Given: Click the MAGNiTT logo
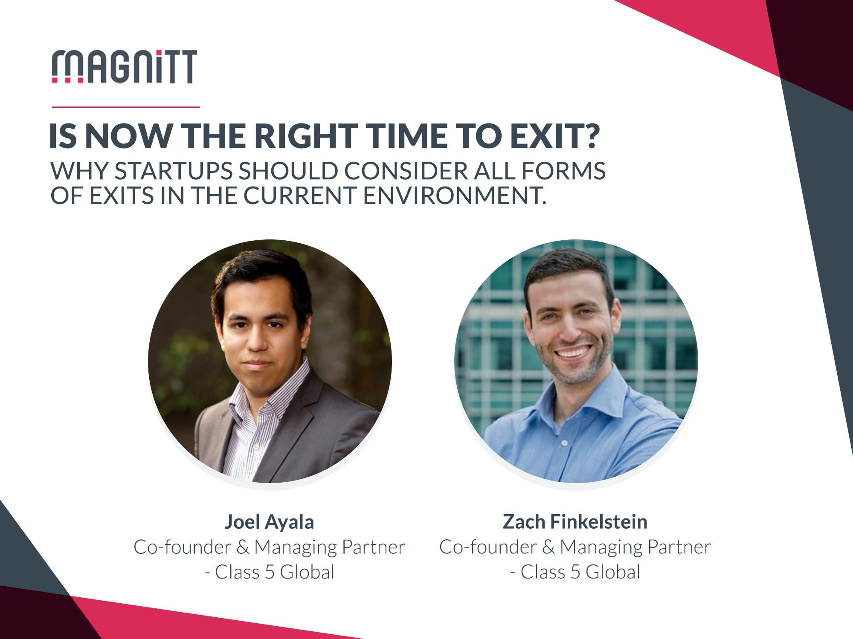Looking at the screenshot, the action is [124, 66].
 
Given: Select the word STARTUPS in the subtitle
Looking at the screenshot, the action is [174, 171].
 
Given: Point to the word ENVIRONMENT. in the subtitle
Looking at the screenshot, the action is [455, 196].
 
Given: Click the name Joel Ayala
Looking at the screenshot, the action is [270, 522].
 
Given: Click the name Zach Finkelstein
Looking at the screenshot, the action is [575, 522].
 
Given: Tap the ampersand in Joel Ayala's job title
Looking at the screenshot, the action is [243, 547].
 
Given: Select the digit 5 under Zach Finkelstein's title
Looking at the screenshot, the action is [575, 572].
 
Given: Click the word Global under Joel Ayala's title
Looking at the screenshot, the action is [307, 572].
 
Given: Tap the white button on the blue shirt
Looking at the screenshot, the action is [565, 443].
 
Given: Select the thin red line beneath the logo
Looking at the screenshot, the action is [126, 107].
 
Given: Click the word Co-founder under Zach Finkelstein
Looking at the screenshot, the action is [488, 547].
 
